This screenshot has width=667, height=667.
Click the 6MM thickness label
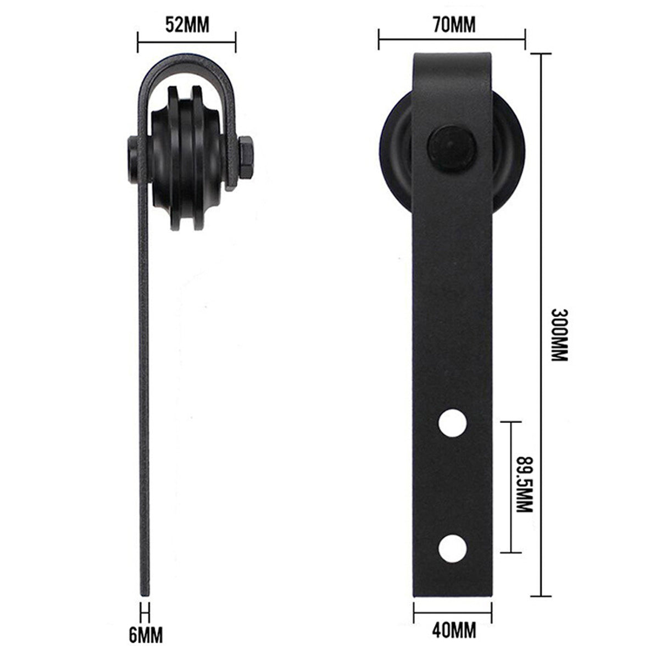146,635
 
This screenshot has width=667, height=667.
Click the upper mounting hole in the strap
453,423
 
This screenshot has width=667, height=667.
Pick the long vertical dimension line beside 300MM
542,324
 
